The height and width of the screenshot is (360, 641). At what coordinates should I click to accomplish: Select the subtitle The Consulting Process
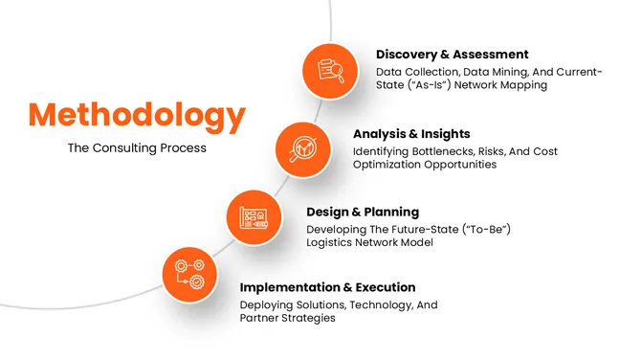click(x=136, y=148)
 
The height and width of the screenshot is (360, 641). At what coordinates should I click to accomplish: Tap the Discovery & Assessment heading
click(x=452, y=55)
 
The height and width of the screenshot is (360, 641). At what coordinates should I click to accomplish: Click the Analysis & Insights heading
click(x=412, y=134)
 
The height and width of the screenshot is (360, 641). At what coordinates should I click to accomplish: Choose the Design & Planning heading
click(x=363, y=212)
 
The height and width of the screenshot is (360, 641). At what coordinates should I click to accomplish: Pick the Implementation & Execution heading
click(x=327, y=287)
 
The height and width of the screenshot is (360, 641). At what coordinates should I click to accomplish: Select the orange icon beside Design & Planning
click(x=254, y=215)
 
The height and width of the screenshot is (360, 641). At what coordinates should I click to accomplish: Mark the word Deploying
click(x=269, y=304)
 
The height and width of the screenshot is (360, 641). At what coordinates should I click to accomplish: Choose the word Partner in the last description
click(x=262, y=318)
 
